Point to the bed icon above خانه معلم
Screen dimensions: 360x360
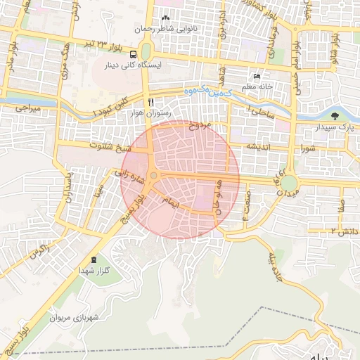click(257, 77)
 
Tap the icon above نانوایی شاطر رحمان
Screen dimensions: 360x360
click(165, 18)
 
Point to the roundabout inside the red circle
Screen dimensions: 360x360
click(153, 175)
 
